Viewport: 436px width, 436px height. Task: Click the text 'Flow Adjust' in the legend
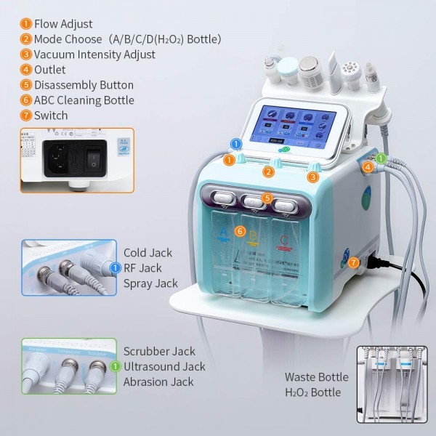64,24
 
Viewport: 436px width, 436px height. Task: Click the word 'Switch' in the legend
52,116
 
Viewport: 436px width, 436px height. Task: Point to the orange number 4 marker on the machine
368,166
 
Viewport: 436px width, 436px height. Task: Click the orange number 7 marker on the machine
354,262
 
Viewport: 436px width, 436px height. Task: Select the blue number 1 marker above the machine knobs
235,144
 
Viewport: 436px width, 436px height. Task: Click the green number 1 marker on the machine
381,158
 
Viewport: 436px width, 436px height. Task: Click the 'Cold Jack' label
148,253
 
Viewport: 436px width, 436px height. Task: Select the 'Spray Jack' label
150,283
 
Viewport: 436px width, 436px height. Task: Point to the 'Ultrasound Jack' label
164,367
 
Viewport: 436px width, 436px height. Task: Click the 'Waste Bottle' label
317,377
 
